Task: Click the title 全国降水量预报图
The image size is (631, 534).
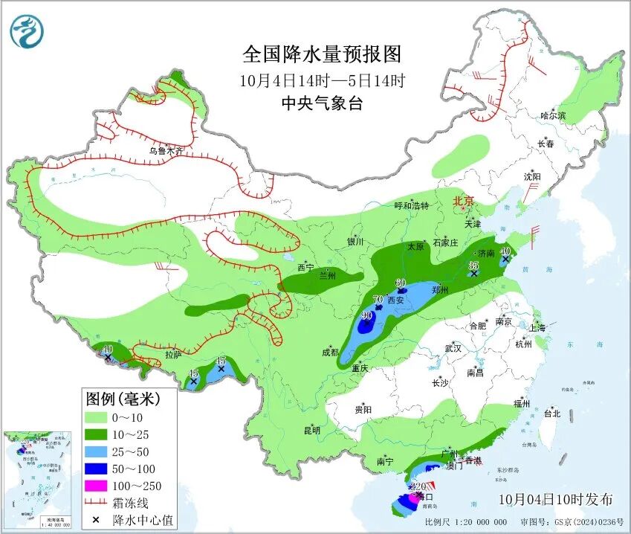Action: tap(322, 54)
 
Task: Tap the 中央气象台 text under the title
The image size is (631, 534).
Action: tap(322, 104)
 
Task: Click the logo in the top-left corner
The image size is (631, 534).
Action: tap(27, 31)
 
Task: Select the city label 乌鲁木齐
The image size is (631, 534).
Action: tap(165, 150)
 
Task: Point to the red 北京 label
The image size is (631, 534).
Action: tap(463, 201)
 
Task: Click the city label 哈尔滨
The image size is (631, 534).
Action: tap(553, 116)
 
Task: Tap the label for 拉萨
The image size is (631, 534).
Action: tap(173, 355)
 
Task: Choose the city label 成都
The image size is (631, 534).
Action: tap(329, 352)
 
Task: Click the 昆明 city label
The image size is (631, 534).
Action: tap(312, 430)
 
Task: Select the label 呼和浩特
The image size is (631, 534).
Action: tap(411, 205)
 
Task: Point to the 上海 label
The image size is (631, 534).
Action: tap(538, 328)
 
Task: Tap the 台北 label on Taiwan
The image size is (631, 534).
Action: tap(551, 414)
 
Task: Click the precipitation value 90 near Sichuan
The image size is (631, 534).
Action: tap(366, 315)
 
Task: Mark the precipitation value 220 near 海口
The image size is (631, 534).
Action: tap(408, 487)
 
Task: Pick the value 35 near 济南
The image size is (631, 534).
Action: tap(473, 265)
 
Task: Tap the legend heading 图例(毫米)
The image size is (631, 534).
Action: tap(123, 399)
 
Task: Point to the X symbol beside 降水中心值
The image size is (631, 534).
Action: tap(95, 520)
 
